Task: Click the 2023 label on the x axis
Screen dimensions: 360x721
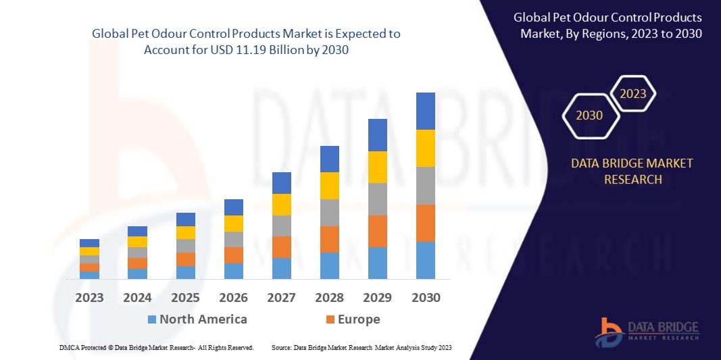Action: pyautogui.click(x=89, y=298)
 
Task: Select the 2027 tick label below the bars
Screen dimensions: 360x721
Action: pyautogui.click(x=282, y=298)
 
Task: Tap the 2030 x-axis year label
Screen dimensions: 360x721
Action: pyautogui.click(x=425, y=298)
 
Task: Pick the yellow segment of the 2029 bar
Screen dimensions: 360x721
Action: pyautogui.click(x=377, y=167)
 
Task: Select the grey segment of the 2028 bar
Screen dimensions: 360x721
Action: pyautogui.click(x=329, y=212)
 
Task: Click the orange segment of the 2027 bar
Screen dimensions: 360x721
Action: pyautogui.click(x=282, y=247)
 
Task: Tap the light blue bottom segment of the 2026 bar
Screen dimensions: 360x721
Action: pyautogui.click(x=234, y=271)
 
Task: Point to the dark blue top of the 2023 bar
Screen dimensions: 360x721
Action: pyautogui.click(x=89, y=243)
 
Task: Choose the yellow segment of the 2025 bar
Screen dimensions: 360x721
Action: pyautogui.click(x=186, y=232)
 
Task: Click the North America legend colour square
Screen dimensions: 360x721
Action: pyautogui.click(x=152, y=319)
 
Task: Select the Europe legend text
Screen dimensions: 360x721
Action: pyautogui.click(x=359, y=319)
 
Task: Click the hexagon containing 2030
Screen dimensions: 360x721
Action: pyautogui.click(x=589, y=115)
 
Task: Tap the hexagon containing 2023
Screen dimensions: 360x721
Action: pyautogui.click(x=633, y=94)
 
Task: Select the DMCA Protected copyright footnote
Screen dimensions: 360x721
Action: pyautogui.click(x=155, y=347)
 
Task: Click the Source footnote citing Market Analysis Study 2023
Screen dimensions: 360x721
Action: pyautogui.click(x=361, y=347)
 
